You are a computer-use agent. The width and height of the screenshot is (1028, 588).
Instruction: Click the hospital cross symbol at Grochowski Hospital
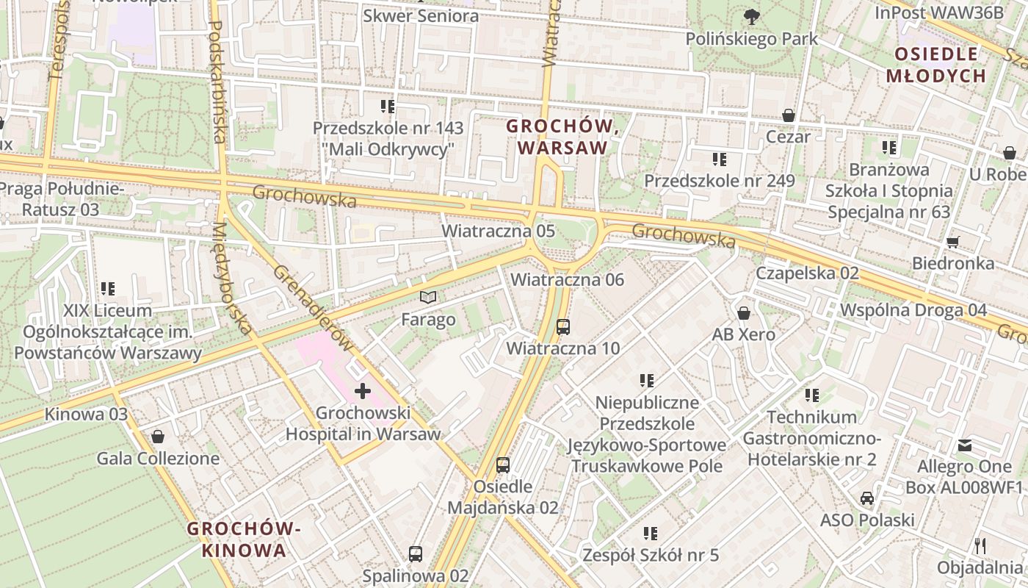point(362,391)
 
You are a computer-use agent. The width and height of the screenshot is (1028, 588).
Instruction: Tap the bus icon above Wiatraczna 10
point(563,327)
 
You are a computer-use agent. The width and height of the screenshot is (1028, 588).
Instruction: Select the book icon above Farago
point(428,297)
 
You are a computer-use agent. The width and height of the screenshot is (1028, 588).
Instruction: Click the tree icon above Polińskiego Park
point(751,16)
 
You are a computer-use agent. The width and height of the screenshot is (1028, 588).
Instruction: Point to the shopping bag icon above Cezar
point(789,115)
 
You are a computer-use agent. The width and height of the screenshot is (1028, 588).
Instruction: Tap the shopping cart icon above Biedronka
point(953,242)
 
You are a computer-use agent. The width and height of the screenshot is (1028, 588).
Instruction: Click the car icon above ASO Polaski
point(867,498)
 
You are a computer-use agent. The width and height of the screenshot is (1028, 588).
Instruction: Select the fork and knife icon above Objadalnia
point(980,545)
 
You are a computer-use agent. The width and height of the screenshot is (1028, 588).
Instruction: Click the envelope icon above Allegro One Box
point(965,445)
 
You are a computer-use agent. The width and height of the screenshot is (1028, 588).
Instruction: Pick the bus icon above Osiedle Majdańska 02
point(503,465)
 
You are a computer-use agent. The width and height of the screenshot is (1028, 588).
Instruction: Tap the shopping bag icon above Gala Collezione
point(158,437)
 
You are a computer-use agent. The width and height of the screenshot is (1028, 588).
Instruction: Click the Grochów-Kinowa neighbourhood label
point(244,539)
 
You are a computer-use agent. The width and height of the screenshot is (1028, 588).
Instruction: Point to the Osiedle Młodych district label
point(935,65)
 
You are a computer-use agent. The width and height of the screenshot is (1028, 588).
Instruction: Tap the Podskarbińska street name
point(218,81)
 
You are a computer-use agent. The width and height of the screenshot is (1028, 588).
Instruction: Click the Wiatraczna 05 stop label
point(498,231)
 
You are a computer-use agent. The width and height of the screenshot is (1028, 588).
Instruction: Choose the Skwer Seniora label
point(421,15)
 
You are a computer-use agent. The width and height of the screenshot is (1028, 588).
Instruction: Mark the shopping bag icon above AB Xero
point(744,314)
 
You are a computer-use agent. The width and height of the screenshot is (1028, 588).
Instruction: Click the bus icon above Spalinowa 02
point(416,553)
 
